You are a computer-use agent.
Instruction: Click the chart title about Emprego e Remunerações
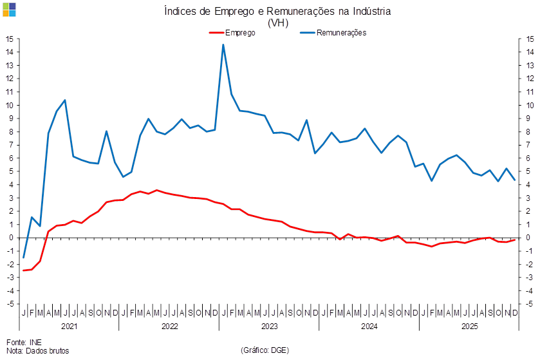[268, 11]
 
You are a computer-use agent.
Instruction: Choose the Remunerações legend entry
[340, 32]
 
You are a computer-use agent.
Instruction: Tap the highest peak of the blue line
[223, 44]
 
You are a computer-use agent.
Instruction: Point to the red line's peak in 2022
[157, 191]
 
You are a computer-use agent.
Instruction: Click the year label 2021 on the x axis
[69, 327]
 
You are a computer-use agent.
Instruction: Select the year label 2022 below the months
[169, 327]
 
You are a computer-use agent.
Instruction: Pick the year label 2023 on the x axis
[268, 327]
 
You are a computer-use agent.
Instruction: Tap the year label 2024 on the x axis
[369, 327]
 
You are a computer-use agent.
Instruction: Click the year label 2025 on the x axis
[469, 327]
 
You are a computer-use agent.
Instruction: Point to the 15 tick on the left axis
[11, 39]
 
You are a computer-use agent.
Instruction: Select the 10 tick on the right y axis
[529, 105]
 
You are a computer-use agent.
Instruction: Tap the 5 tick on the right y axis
[529, 171]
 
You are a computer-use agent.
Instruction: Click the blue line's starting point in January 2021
[24, 258]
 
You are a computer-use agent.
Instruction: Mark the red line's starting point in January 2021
[24, 270]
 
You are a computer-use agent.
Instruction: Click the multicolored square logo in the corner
[9, 10]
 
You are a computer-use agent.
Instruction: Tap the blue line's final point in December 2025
[515, 180]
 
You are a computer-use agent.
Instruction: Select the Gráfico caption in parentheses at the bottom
[265, 350]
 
